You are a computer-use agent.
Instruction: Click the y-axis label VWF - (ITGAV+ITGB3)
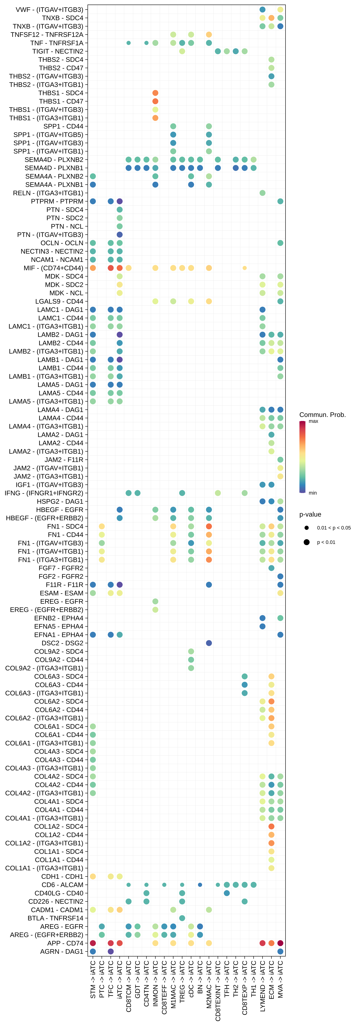click(49, 10)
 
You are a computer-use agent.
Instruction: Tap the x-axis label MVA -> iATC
click(280, 979)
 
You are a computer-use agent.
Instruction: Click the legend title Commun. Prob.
click(322, 415)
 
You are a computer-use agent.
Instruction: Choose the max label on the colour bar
click(313, 421)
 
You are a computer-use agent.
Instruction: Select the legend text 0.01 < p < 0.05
click(334, 528)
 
